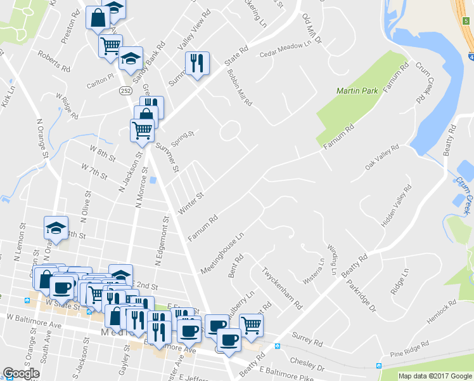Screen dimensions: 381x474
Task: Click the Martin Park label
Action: pos(357,91)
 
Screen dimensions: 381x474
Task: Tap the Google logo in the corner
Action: pos(21,373)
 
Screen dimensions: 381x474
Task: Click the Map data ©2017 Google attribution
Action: pos(435,375)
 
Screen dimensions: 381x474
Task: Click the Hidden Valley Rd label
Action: pos(397,206)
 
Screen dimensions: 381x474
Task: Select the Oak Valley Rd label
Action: pos(381,157)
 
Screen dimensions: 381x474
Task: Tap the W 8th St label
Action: pos(102,152)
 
